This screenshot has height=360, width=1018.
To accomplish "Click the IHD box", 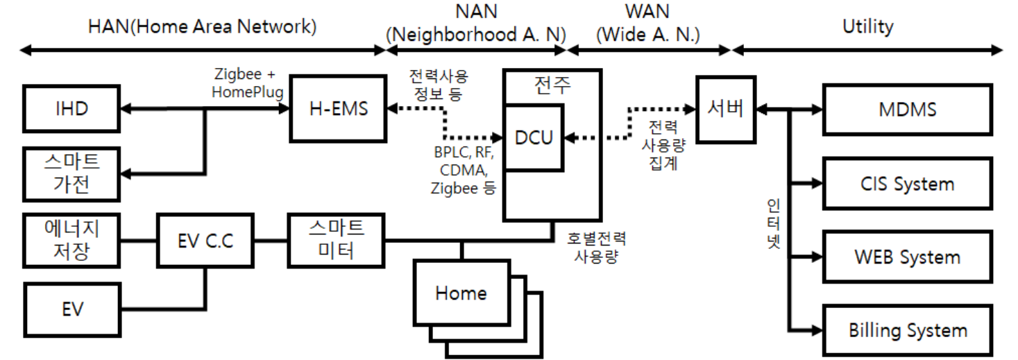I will (72, 109).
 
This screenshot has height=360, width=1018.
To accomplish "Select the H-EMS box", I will (338, 109).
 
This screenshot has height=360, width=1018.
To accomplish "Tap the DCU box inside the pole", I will (534, 137).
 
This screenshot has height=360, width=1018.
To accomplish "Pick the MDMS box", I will (906, 109).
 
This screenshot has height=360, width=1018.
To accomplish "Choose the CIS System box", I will (906, 184).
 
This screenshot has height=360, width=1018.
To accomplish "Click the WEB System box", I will (906, 257).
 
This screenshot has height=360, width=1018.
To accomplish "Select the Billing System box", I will (906, 330).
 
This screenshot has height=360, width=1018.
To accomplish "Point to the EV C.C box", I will (205, 241).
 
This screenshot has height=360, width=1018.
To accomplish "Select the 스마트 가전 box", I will (71, 173).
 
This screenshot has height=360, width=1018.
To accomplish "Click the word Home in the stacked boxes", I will (461, 293).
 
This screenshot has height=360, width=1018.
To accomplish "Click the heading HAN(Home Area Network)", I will (202, 27).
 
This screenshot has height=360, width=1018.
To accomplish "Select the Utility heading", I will (867, 27).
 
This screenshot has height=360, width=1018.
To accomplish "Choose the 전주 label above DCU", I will (552, 86).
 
